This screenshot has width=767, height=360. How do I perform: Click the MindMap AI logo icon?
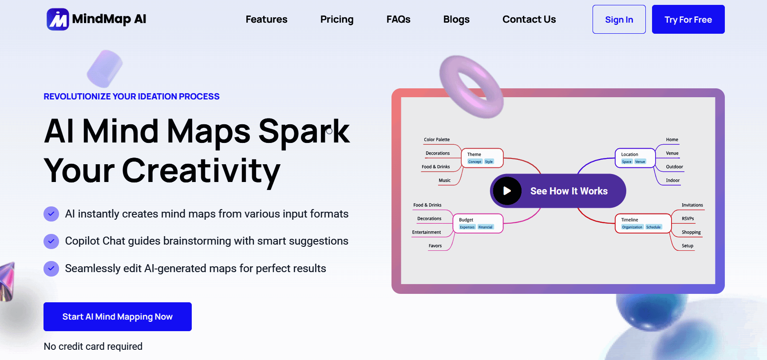(x=58, y=19)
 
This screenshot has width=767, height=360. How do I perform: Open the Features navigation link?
(x=266, y=20)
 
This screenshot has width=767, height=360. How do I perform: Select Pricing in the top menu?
(x=337, y=20)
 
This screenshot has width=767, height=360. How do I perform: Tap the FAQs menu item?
(x=398, y=20)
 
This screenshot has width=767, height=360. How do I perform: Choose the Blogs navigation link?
(x=456, y=20)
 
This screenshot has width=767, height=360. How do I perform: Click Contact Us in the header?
(x=529, y=20)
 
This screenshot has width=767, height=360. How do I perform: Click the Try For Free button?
(x=688, y=19)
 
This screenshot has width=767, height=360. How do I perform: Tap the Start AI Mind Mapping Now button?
(x=118, y=316)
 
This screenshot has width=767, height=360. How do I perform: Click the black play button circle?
(x=507, y=191)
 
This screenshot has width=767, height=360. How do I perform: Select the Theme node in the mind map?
(x=482, y=158)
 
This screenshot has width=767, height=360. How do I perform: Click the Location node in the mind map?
(x=635, y=158)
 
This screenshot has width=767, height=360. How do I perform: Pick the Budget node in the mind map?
(x=478, y=223)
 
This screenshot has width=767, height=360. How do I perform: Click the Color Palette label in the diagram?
(x=437, y=139)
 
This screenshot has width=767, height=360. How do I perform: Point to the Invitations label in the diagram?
(x=692, y=205)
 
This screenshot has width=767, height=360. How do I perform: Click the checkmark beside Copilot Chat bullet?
(x=51, y=241)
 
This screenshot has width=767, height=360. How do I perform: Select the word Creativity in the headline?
(x=201, y=171)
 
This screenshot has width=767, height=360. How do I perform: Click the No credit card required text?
(x=93, y=346)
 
